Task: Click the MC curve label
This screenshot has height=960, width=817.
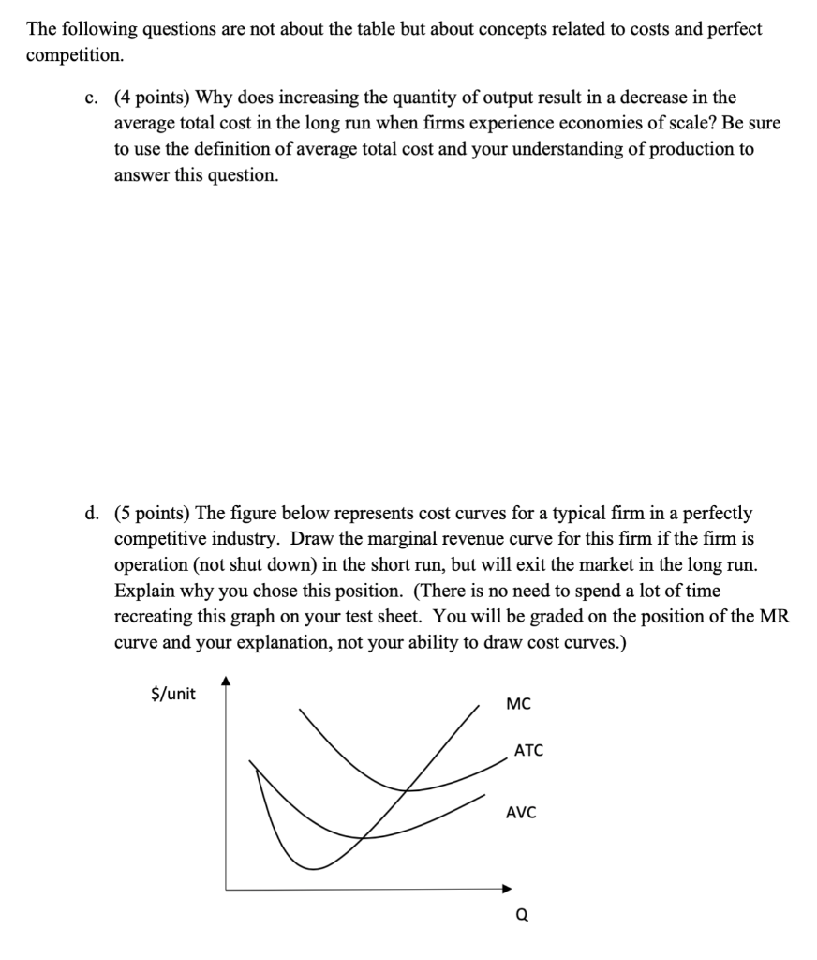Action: click(517, 703)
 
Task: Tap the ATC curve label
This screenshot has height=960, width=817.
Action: click(527, 751)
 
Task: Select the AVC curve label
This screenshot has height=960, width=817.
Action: click(521, 813)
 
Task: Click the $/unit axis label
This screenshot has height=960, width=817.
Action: click(173, 694)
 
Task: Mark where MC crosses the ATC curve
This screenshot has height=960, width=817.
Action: click(408, 789)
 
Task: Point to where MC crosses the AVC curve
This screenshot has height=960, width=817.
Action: click(364, 836)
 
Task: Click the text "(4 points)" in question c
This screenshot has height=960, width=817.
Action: click(152, 97)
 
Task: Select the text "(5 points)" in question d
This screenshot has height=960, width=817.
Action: click(152, 514)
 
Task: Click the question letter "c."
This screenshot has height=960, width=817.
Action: click(91, 97)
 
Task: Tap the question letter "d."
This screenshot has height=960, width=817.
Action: click(91, 514)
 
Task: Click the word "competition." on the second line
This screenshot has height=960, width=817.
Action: click(75, 54)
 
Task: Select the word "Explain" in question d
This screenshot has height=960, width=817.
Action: click(143, 592)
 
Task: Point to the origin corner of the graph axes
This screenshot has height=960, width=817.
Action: click(225, 888)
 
